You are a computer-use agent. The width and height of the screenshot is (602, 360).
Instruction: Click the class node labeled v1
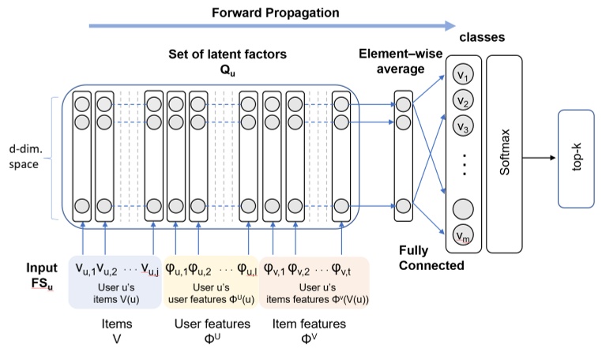463,76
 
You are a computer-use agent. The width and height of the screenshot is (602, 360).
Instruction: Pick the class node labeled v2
463,102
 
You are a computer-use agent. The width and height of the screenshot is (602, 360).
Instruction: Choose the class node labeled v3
463,128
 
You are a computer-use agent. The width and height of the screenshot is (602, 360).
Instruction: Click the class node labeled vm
463,234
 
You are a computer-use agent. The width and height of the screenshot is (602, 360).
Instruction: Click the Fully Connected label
431,258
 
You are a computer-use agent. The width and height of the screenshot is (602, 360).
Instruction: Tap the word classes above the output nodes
483,37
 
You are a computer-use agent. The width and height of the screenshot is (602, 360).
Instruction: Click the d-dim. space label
25,157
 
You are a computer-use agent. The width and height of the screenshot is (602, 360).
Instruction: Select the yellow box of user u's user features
211,278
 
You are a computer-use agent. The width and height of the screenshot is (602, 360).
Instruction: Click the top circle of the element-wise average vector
404,103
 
